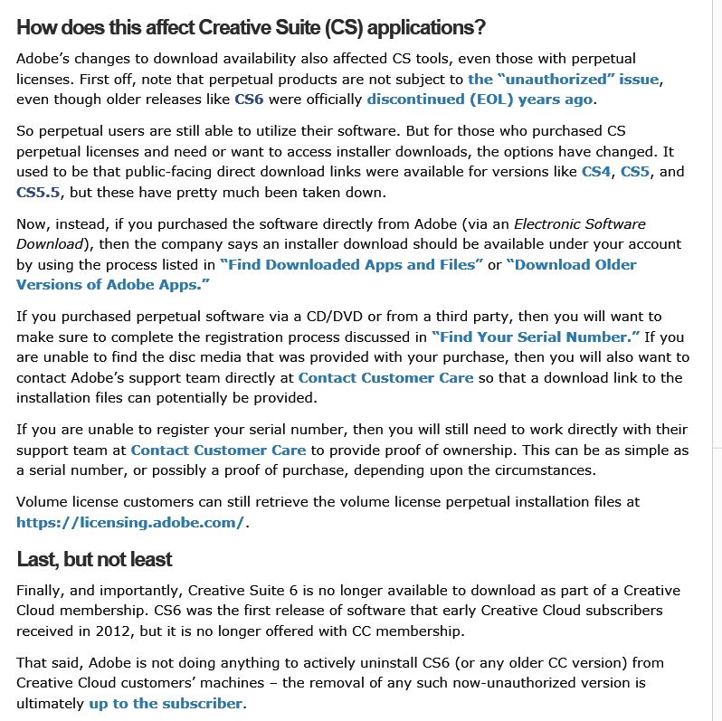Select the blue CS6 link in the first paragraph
pos(249,99)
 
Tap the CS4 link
pos(596,171)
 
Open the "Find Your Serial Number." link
pos(536,337)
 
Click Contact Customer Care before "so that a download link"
pos(386,377)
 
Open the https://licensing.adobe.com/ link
pos(130,522)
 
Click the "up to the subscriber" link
pos(166,703)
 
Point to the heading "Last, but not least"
pos(94,559)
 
